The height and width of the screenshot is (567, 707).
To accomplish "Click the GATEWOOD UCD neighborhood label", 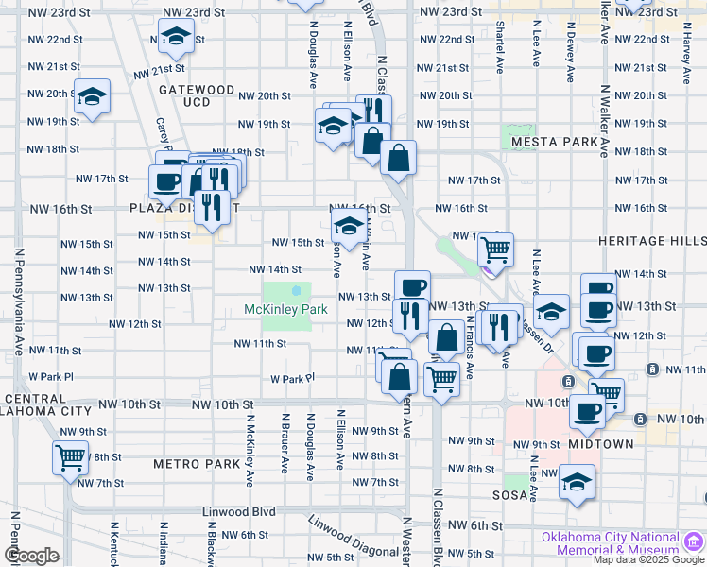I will point(196,94).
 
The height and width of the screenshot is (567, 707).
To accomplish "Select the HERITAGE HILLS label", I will point(651,241).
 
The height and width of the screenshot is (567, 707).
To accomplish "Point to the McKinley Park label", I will point(285,309).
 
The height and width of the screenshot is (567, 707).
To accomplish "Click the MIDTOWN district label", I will point(601,443).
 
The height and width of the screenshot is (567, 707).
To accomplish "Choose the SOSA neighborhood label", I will point(509,494).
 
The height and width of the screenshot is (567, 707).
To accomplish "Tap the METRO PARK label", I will point(197,464).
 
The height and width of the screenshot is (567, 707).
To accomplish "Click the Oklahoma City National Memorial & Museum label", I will point(610,545).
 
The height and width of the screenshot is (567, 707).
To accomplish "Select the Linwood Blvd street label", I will point(239,512).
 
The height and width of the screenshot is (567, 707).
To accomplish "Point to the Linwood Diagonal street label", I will point(353,536).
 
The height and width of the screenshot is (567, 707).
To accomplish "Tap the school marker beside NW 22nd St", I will point(175,38).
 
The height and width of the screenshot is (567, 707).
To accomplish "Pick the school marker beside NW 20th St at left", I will point(92,96).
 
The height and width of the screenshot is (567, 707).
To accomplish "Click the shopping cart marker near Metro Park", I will point(71,457).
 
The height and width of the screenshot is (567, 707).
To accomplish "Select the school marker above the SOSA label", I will point(577,482).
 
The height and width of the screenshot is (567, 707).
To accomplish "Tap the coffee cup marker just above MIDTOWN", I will point(587,412).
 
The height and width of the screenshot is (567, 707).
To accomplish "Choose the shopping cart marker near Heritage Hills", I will point(495,249).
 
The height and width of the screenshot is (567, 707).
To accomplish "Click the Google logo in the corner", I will point(31,556).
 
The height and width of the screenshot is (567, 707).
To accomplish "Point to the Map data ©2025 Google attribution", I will point(649,559).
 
